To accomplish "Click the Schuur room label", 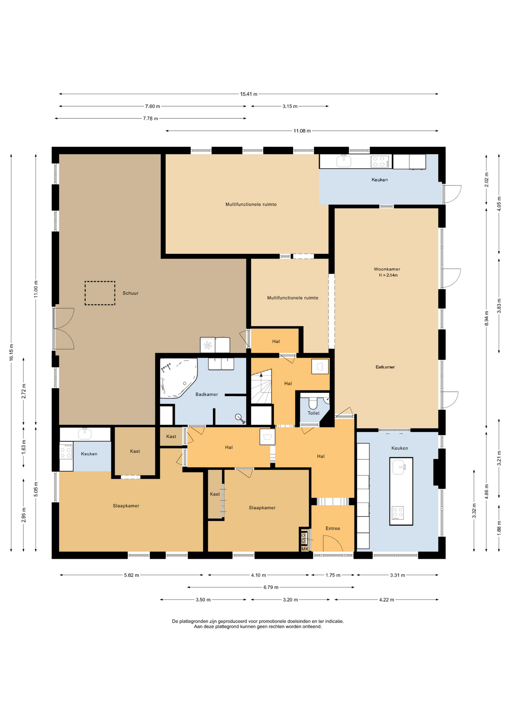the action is tap(130, 293).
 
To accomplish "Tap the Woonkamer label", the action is tap(387, 269).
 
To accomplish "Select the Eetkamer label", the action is tap(385, 367).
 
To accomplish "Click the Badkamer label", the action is tap(207, 394).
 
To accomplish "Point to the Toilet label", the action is tap(314, 413).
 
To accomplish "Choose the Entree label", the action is tap(333, 528).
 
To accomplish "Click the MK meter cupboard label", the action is tap(305, 549).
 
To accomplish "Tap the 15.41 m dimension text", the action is tap(249, 94).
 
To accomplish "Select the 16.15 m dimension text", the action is tap(11, 353).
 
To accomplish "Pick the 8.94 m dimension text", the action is tap(486, 318).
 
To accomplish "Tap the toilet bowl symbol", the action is tap(312, 403).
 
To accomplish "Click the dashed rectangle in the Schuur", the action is tap(100, 293).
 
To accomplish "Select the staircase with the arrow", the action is tap(261, 386).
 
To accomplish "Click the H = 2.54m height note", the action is tap(388, 275).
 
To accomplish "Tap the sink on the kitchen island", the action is tap(399, 468).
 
